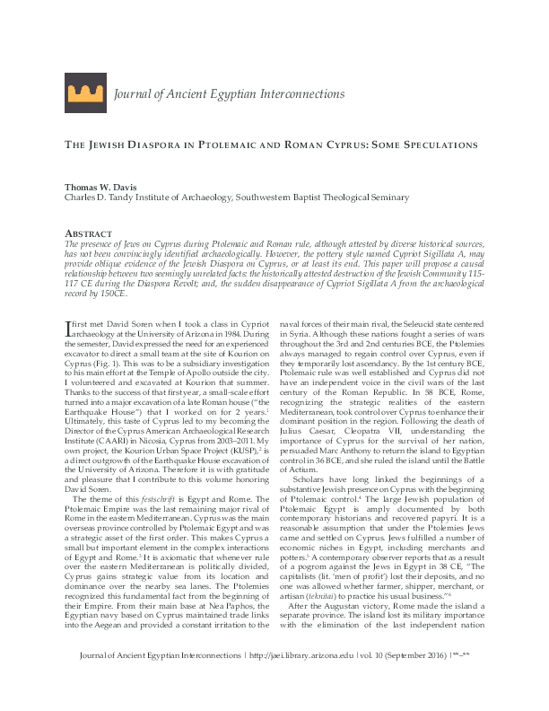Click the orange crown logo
83,91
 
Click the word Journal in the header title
135,92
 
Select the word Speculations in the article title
435,144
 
